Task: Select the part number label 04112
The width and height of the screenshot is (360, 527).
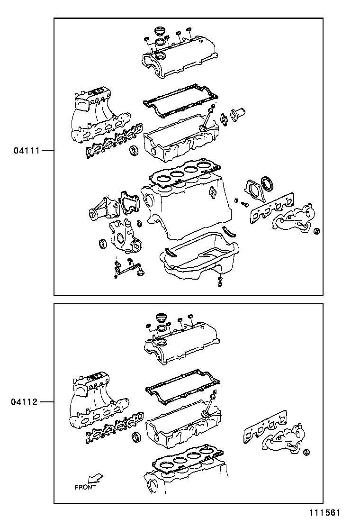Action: (x=25, y=402)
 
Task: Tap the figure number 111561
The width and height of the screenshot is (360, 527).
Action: (x=325, y=513)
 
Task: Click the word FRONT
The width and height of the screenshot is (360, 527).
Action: (x=85, y=487)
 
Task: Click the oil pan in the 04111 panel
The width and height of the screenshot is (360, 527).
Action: (x=199, y=261)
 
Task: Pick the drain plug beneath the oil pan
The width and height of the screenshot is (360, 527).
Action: (x=220, y=284)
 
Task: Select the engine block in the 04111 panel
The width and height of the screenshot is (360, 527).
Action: (x=189, y=209)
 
